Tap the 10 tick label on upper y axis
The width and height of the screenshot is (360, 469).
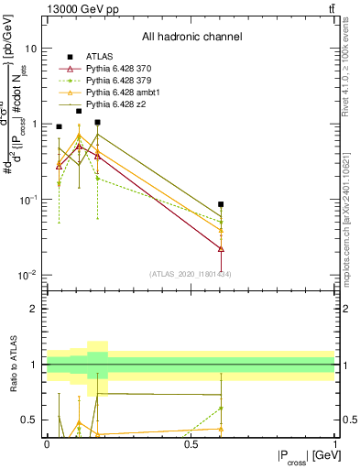pyautogui.click(x=31, y=48)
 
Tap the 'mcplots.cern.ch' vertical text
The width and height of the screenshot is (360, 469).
pyautogui.click(x=351, y=220)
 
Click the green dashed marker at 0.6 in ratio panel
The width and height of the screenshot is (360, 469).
pyautogui.click(x=221, y=408)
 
